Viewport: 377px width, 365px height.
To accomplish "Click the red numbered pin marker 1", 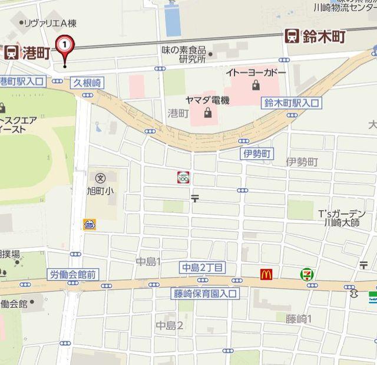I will tap(65, 45).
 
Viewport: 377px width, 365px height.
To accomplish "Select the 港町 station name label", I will tap(36, 53).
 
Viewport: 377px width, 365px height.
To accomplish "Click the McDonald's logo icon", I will tap(266, 274).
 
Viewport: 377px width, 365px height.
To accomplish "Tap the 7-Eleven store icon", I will tap(306, 274).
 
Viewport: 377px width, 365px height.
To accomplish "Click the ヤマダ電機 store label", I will tap(207, 100).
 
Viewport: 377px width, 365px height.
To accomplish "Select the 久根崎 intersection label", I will tap(87, 83).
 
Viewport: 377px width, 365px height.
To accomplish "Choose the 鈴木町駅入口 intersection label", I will tap(291, 103).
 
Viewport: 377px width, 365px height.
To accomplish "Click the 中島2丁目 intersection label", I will tap(203, 268).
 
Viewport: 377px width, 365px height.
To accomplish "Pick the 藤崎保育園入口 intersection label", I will tap(205, 292).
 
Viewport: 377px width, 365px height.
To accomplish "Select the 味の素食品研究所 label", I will tap(184, 55).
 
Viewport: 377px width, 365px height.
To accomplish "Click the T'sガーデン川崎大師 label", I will tap(342, 218).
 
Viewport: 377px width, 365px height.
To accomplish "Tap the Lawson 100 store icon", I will tap(183, 176).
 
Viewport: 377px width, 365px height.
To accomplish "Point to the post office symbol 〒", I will tap(194, 199).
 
